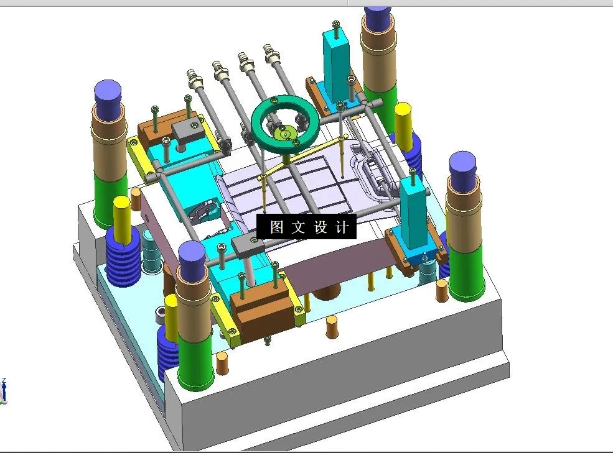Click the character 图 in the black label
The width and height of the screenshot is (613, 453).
(x=276, y=227)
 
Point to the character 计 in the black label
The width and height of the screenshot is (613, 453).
(x=342, y=227)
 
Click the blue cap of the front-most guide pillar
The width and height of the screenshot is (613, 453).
(x=192, y=254)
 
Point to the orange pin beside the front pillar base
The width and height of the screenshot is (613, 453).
(x=222, y=363)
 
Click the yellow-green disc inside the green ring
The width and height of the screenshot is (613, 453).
(x=284, y=132)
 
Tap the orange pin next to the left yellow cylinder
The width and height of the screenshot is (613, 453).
(x=135, y=199)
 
